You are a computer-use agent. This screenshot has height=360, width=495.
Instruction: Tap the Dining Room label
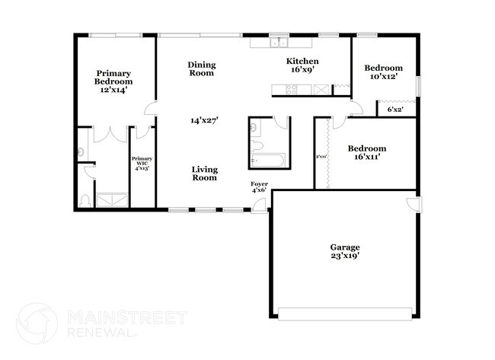coord(201,69)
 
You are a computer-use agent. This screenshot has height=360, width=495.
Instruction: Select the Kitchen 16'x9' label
coord(302,65)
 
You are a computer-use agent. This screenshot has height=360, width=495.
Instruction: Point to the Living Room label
coord(204,174)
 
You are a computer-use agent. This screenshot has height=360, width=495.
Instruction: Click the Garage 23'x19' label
coord(344,252)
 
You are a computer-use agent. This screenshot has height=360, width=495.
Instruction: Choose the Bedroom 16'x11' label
coord(366,153)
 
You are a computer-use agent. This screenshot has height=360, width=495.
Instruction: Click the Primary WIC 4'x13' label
coord(142,163)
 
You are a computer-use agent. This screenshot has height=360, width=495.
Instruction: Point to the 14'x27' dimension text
coord(203,120)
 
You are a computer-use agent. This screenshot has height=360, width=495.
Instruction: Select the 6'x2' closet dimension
coord(395,110)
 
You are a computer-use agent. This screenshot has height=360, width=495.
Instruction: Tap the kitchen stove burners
coord(292,90)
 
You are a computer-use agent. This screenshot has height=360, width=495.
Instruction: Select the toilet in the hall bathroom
coord(257,145)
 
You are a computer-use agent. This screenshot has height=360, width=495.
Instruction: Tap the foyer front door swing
coord(262,204)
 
